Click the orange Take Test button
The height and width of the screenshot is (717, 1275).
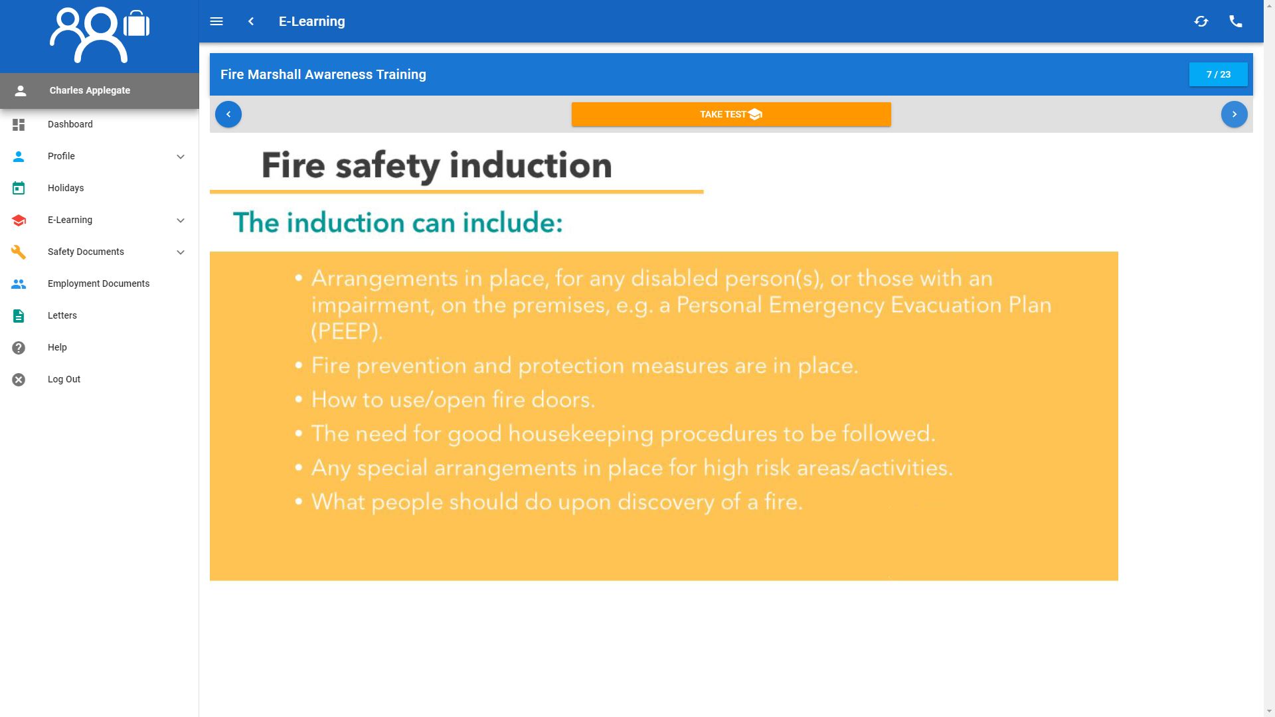click(730, 114)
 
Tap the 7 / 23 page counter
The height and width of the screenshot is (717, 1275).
click(1218, 74)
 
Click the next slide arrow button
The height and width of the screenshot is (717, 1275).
click(1234, 114)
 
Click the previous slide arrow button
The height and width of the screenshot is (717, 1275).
click(228, 114)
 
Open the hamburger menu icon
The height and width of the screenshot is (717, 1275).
click(216, 21)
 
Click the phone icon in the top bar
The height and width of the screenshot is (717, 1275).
click(1235, 21)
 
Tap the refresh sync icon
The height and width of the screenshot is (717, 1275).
click(1201, 21)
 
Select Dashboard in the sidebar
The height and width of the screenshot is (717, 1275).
click(70, 124)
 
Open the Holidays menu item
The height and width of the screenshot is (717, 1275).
click(65, 188)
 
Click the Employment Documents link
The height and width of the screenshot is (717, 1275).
click(98, 283)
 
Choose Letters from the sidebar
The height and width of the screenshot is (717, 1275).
click(62, 315)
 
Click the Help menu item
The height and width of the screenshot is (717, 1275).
click(57, 347)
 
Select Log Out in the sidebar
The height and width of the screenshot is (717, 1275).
click(64, 379)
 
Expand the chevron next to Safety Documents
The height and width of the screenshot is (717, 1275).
click(180, 252)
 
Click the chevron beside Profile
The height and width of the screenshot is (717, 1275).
click(180, 157)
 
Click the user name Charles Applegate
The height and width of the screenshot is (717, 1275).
click(90, 90)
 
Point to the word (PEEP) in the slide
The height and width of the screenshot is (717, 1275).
click(347, 331)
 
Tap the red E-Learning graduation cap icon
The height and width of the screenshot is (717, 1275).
click(19, 220)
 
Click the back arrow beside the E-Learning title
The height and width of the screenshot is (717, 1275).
click(251, 21)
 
